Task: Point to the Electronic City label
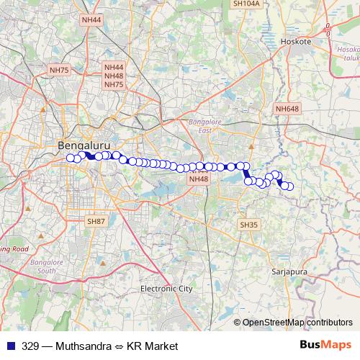[x=166, y=289]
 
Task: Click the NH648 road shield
[x=287, y=109]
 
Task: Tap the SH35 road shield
[x=248, y=225]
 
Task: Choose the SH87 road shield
[x=96, y=222]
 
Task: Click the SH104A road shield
[x=245, y=4]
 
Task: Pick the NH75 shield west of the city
[x=58, y=70]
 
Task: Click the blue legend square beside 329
[x=10, y=346]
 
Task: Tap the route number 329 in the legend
[x=30, y=346]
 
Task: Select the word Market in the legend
[x=161, y=346]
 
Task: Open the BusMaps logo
[x=325, y=345]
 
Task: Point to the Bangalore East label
[x=205, y=127]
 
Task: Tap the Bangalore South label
[x=43, y=267]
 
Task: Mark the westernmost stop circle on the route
[x=71, y=158]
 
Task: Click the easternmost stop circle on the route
[x=291, y=186]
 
